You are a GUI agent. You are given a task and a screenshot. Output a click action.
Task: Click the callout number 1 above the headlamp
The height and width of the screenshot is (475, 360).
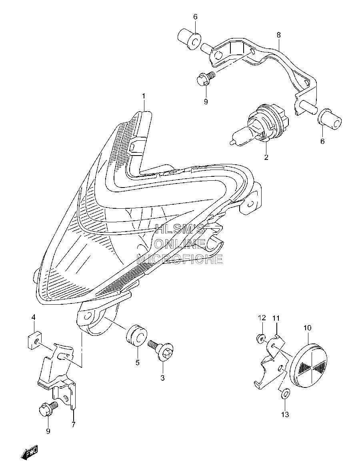click(144, 96)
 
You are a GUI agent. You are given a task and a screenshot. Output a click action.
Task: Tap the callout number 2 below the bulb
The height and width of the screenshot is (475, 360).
click(266, 157)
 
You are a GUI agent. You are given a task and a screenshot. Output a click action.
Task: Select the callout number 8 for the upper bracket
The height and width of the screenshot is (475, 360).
click(278, 35)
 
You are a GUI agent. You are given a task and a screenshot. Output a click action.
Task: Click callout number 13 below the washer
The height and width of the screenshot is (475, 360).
click(286, 414)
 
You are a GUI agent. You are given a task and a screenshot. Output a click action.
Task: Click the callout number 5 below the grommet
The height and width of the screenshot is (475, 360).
click(138, 362)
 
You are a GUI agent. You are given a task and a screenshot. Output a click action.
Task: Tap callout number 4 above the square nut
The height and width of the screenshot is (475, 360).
click(34, 317)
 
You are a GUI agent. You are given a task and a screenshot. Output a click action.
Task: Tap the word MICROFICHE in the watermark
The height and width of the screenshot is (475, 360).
click(180, 259)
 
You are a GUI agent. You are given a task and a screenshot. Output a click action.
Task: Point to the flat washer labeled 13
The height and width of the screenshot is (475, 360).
click(285, 394)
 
